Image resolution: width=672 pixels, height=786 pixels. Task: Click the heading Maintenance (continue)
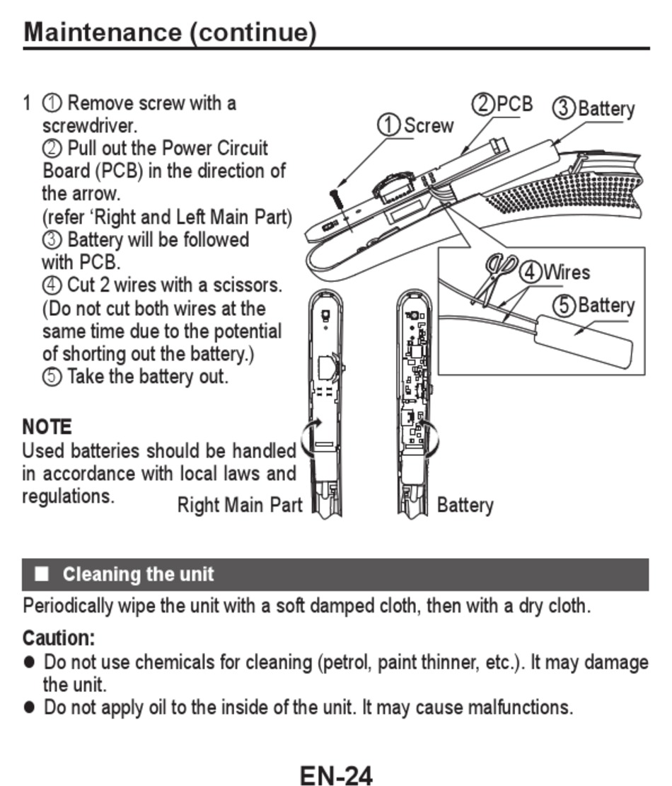pyautogui.click(x=170, y=33)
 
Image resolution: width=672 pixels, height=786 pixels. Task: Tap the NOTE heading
pyautogui.click(x=47, y=427)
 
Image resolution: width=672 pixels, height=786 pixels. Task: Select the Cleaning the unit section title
pyautogui.click(x=138, y=574)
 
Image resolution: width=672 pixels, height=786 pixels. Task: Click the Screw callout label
pyautogui.click(x=428, y=125)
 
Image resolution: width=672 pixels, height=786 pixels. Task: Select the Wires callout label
pyautogui.click(x=566, y=272)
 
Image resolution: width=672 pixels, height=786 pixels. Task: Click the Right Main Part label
pyautogui.click(x=239, y=505)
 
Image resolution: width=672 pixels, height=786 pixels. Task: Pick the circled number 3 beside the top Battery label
pyautogui.click(x=563, y=109)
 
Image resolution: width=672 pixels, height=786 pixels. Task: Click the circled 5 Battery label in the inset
pyautogui.click(x=593, y=305)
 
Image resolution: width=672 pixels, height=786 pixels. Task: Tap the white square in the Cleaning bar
pyautogui.click(x=42, y=574)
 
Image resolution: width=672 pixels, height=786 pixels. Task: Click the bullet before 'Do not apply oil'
pyautogui.click(x=30, y=707)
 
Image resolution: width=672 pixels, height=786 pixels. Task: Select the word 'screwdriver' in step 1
pyautogui.click(x=88, y=126)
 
